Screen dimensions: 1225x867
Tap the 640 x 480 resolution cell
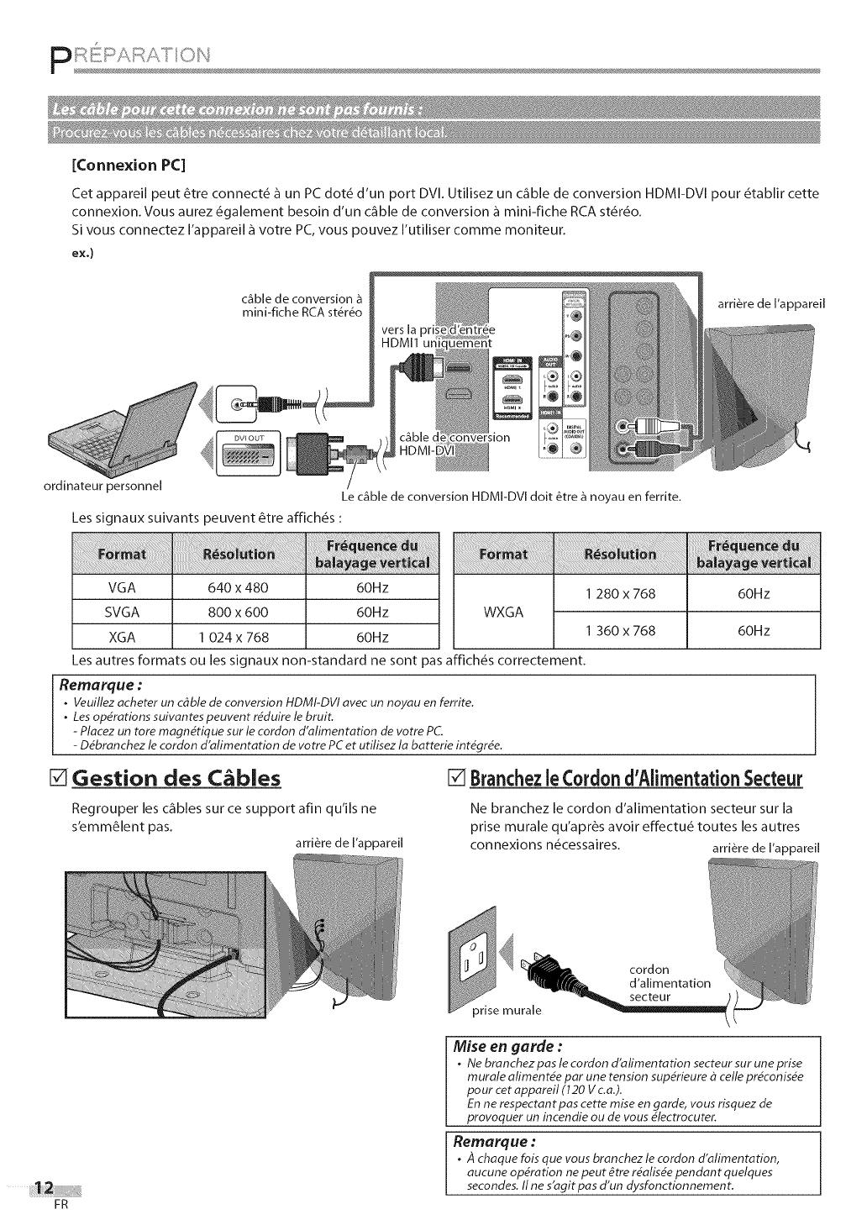238,587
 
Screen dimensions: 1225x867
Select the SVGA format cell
122,612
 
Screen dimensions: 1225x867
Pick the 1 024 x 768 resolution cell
238,637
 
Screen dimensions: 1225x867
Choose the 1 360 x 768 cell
620,630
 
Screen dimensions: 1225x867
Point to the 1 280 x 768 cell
620,594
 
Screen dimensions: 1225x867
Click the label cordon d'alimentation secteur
669,983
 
